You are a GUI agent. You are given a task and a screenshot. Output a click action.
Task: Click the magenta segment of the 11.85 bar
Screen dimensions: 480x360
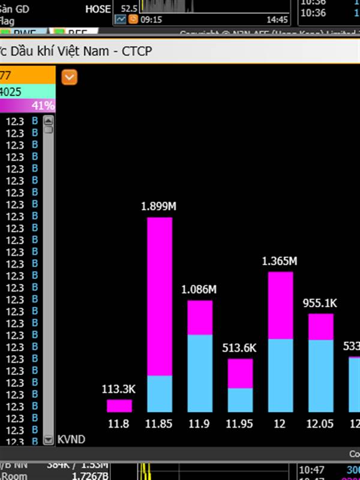(160, 296)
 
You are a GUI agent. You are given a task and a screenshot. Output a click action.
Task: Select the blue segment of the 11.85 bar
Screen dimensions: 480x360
(160, 394)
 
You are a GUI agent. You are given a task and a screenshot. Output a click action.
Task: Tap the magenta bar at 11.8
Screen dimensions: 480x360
(119, 406)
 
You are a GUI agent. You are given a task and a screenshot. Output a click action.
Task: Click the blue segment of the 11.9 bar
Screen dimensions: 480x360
(200, 373)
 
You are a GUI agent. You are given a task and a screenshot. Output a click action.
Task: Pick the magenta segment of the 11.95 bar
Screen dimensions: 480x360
(240, 373)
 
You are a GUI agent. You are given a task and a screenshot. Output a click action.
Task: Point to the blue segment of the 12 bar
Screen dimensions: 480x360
(280, 376)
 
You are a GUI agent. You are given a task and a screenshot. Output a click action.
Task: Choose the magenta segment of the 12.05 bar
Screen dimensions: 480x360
(320, 326)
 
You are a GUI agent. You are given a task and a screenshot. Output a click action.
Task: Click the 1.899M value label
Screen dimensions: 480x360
(159, 206)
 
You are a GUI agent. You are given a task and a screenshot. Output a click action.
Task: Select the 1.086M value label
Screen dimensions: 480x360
(199, 290)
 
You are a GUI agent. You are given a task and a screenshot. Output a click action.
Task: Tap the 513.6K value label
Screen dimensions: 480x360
(239, 348)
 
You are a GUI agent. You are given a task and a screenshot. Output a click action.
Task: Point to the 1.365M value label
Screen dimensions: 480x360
(280, 261)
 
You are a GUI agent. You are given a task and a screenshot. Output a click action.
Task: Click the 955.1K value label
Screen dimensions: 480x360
(320, 303)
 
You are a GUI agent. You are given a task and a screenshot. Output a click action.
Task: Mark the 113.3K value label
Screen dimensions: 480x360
(119, 389)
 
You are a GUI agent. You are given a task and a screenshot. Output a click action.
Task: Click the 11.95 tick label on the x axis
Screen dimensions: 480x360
(240, 424)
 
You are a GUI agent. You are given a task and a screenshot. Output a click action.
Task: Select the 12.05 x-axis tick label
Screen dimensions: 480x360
(320, 424)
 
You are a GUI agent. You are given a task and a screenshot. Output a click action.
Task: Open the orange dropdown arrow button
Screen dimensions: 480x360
(70, 77)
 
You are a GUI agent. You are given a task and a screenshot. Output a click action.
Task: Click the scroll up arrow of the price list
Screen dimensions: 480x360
(49, 120)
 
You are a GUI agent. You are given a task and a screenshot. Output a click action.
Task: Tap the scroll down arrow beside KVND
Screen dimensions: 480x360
(49, 440)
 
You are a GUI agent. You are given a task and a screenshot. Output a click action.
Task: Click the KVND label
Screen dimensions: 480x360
(71, 440)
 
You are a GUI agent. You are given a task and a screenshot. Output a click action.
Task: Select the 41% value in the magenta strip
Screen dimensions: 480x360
(43, 106)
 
